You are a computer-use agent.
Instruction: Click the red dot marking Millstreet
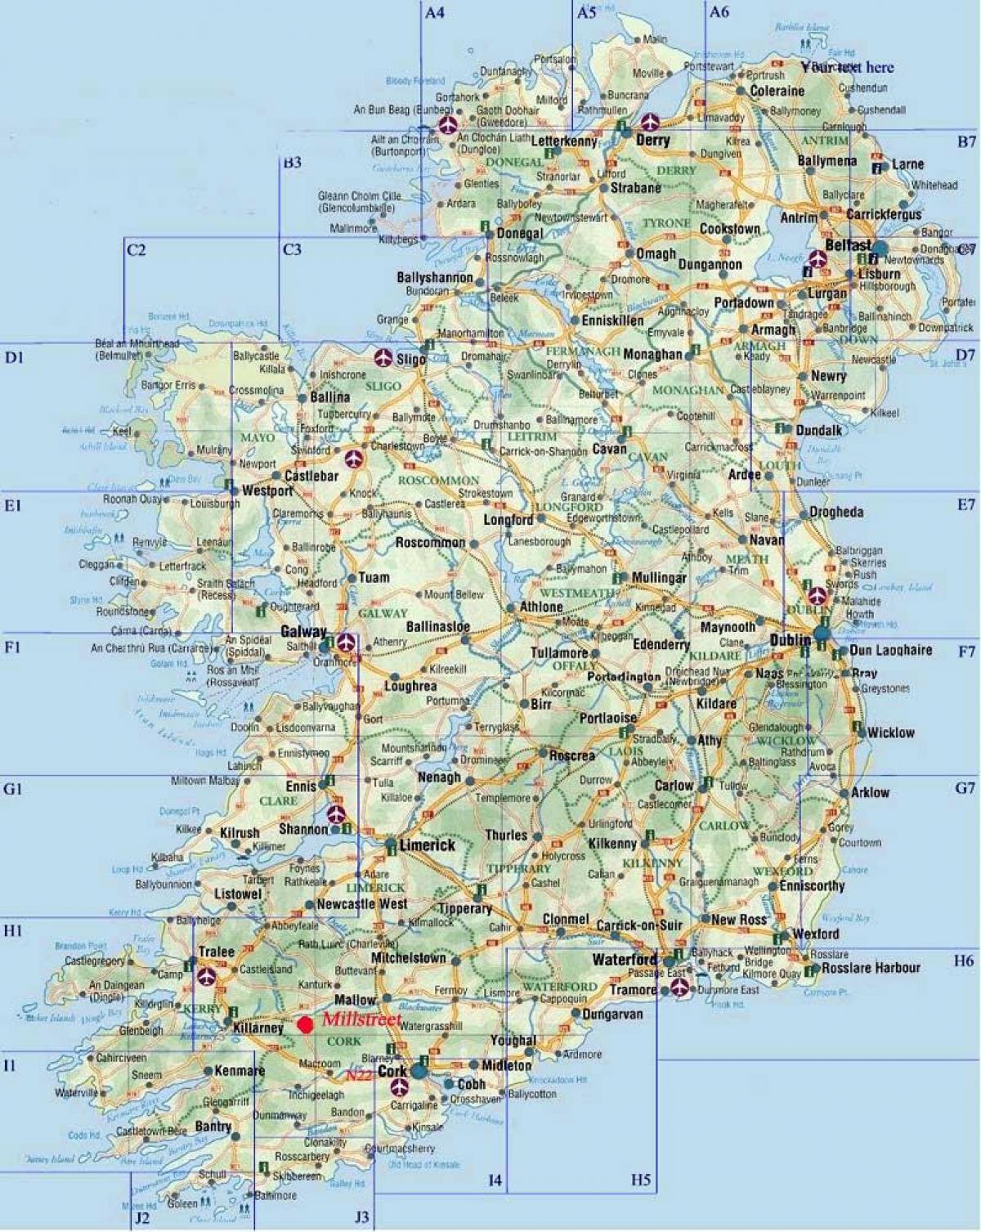(x=306, y=1024)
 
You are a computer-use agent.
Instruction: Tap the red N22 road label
(x=357, y=1076)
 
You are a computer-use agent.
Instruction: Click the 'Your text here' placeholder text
(x=848, y=67)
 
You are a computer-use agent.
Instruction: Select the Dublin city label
(x=789, y=641)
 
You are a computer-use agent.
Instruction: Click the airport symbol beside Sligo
(x=383, y=357)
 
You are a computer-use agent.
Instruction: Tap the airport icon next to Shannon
(x=336, y=814)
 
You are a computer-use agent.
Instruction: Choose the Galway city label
(x=303, y=631)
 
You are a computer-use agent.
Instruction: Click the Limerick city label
(x=427, y=845)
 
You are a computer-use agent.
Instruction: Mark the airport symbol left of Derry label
(x=650, y=123)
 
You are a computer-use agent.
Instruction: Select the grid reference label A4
(x=435, y=12)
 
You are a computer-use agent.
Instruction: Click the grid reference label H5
(x=641, y=1180)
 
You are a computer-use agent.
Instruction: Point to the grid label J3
(x=362, y=1217)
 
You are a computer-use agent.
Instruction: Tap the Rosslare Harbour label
(x=872, y=968)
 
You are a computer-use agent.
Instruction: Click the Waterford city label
(x=625, y=959)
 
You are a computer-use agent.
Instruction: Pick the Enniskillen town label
(x=612, y=321)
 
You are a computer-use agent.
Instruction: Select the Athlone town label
(x=540, y=607)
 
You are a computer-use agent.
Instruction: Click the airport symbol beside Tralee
(x=208, y=975)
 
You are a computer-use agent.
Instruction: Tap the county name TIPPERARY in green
(x=519, y=868)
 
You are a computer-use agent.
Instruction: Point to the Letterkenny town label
(x=565, y=141)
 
